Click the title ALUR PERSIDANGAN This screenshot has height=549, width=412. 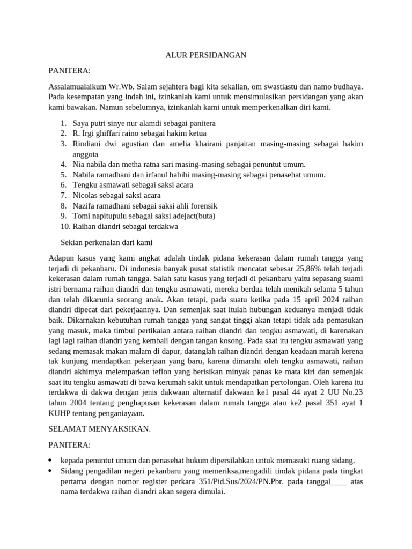[206, 55]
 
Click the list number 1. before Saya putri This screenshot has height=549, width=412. [63, 123]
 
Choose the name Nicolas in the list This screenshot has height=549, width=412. [86, 195]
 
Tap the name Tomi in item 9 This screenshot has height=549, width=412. [81, 216]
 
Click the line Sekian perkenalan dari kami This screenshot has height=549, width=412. [107, 242]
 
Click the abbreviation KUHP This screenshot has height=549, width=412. [60, 413]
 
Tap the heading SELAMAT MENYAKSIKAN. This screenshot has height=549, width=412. [100, 429]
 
